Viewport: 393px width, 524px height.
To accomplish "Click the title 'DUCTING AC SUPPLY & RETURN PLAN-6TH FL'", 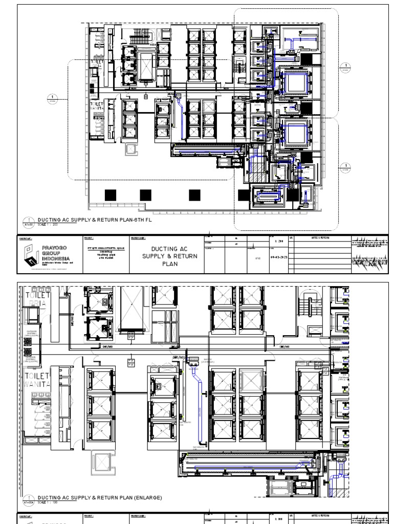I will coord(95,220).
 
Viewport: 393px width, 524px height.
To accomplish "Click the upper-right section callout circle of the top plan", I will coord(345,67).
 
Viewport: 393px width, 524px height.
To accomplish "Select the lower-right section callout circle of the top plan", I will coord(345,166).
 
